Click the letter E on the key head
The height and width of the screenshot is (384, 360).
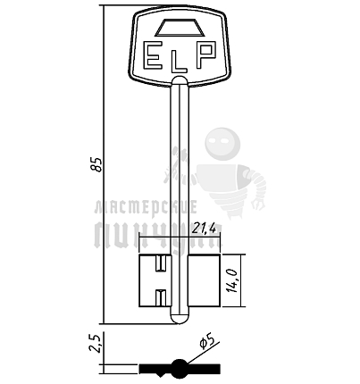tap(154, 55)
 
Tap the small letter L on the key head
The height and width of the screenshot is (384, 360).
tap(180, 63)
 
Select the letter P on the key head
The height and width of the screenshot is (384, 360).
tap(205, 55)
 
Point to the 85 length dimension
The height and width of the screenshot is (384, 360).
tap(96, 164)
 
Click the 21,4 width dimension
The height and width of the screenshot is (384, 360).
tap(204, 229)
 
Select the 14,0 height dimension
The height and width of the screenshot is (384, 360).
tap(233, 280)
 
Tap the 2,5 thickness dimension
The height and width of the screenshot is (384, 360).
tap(96, 343)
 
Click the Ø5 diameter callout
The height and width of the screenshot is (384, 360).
tap(207, 341)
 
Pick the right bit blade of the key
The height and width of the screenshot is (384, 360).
tap(205, 281)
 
